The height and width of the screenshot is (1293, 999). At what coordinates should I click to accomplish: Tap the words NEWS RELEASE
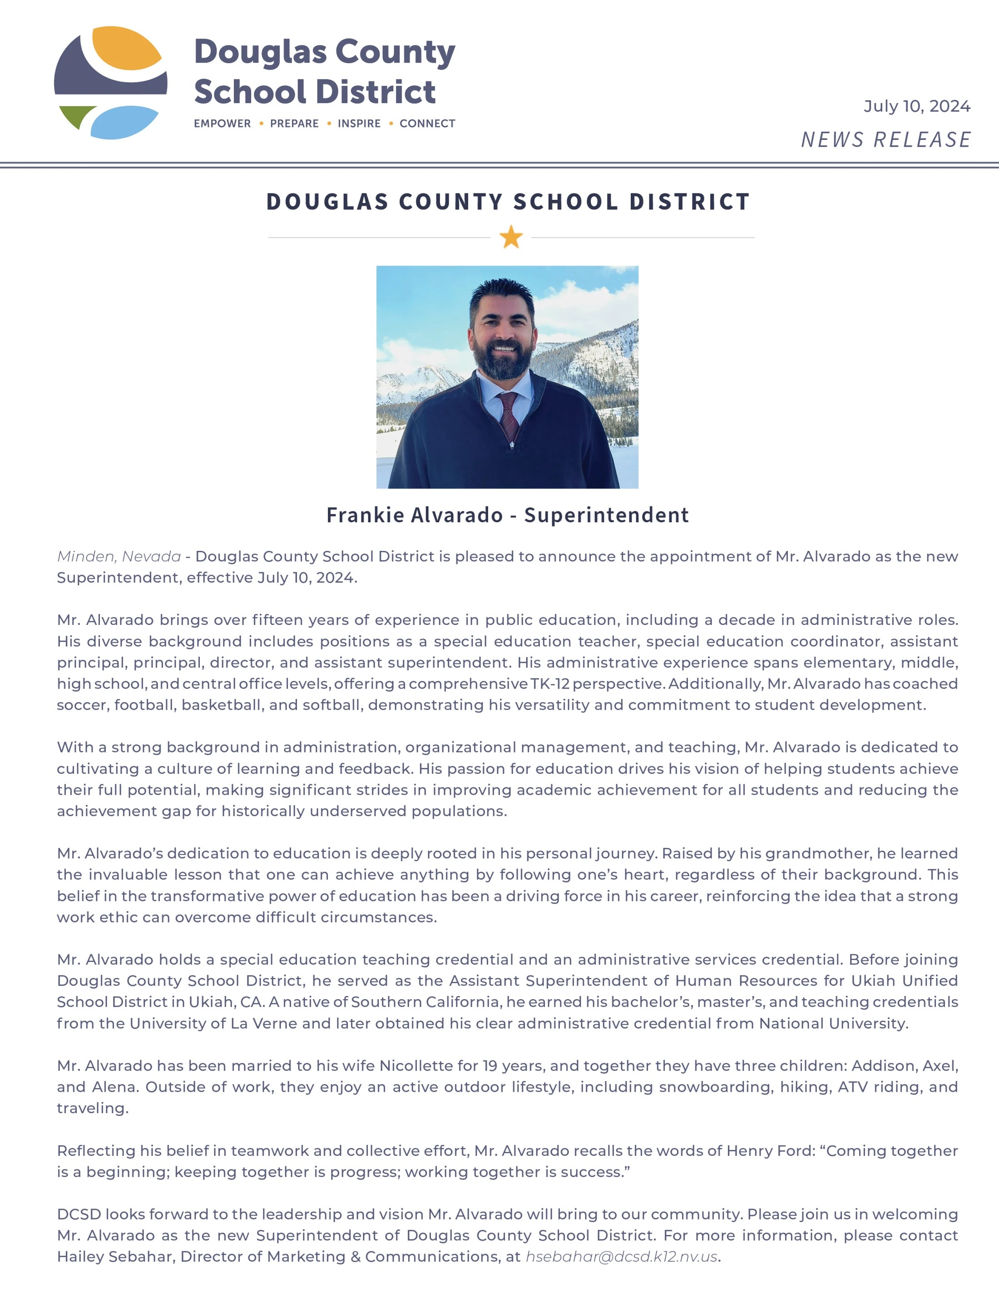pyautogui.click(x=885, y=140)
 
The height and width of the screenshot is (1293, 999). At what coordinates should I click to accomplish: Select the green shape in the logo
pyautogui.click(x=76, y=115)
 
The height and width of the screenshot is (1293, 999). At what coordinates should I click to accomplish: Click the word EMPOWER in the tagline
pyautogui.click(x=223, y=124)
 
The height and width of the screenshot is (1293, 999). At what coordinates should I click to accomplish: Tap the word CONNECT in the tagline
pyautogui.click(x=427, y=124)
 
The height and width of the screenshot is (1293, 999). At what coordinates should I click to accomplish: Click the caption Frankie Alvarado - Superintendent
pyautogui.click(x=508, y=515)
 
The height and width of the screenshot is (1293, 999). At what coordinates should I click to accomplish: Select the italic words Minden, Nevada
pyautogui.click(x=119, y=556)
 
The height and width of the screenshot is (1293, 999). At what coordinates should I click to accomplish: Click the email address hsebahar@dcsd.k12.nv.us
pyautogui.click(x=621, y=1256)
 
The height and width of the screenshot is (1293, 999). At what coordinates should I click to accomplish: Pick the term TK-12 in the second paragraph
pyautogui.click(x=550, y=684)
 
